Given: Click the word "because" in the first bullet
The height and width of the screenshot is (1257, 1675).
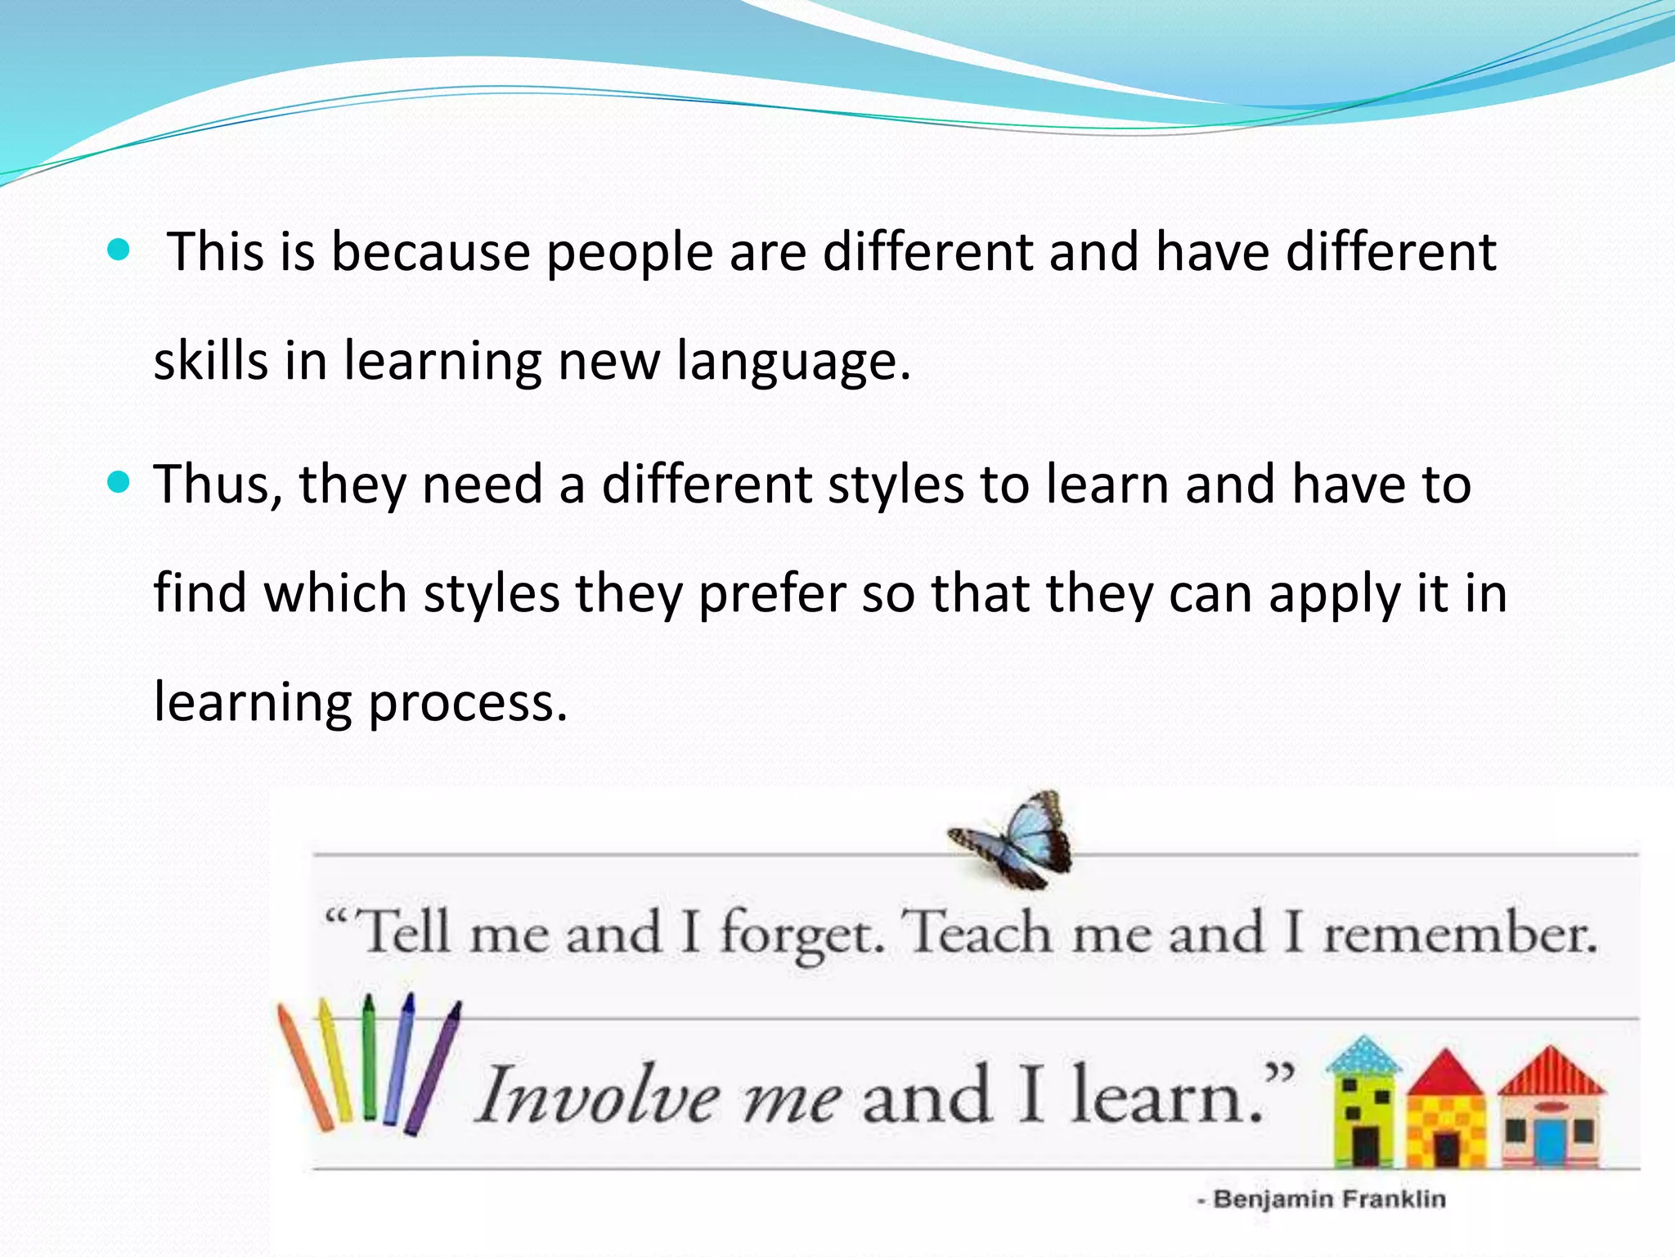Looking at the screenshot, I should point(430,252).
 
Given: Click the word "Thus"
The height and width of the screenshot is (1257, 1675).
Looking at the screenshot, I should point(216,484).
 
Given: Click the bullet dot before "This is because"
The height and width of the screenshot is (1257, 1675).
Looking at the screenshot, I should point(119,250).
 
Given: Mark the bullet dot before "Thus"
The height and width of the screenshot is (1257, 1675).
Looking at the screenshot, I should point(119,483).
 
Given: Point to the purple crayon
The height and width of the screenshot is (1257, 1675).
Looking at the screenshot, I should point(432,1068).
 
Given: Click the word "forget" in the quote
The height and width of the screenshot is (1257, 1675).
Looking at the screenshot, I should point(802,935).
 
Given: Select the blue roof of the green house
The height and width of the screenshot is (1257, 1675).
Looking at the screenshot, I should point(1363,1056).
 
